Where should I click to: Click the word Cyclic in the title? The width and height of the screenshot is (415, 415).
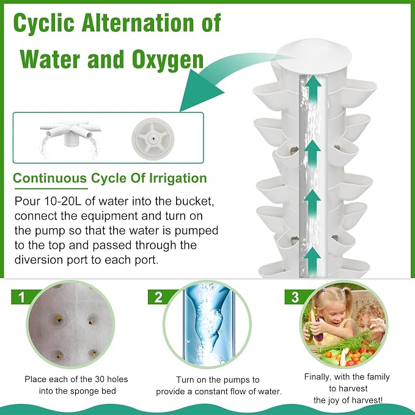click(x=44, y=24)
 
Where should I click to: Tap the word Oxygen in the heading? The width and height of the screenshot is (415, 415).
click(x=168, y=60)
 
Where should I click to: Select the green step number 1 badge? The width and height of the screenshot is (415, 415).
click(x=22, y=297)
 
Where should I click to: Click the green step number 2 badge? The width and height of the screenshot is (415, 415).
click(x=159, y=297)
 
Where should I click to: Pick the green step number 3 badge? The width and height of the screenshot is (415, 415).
click(x=295, y=297)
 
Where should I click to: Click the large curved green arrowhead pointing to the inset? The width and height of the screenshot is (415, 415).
click(x=201, y=89)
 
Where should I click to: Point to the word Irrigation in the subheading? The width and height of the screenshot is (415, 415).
click(x=178, y=178)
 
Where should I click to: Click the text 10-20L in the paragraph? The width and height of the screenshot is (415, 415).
click(x=55, y=202)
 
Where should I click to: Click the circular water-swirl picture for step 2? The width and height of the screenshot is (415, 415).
click(x=207, y=325)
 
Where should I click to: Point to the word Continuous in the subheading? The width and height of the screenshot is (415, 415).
click(x=50, y=178)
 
